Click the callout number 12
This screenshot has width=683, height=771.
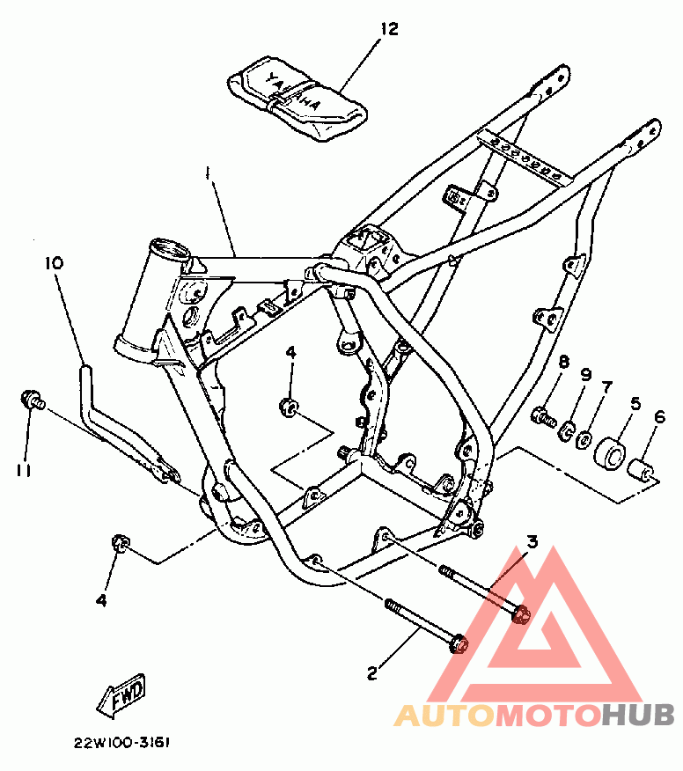coord(389,29)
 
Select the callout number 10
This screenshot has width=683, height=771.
coord(54,263)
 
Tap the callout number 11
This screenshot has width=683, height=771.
coord(24,470)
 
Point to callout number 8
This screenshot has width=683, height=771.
coord(564,362)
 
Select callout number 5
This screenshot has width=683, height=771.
coord(634,405)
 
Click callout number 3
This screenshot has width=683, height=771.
coord(532,542)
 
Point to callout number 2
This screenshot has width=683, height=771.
coord(371,673)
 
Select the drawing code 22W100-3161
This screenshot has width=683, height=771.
coord(122,741)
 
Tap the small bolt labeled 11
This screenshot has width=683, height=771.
coord(33,400)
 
